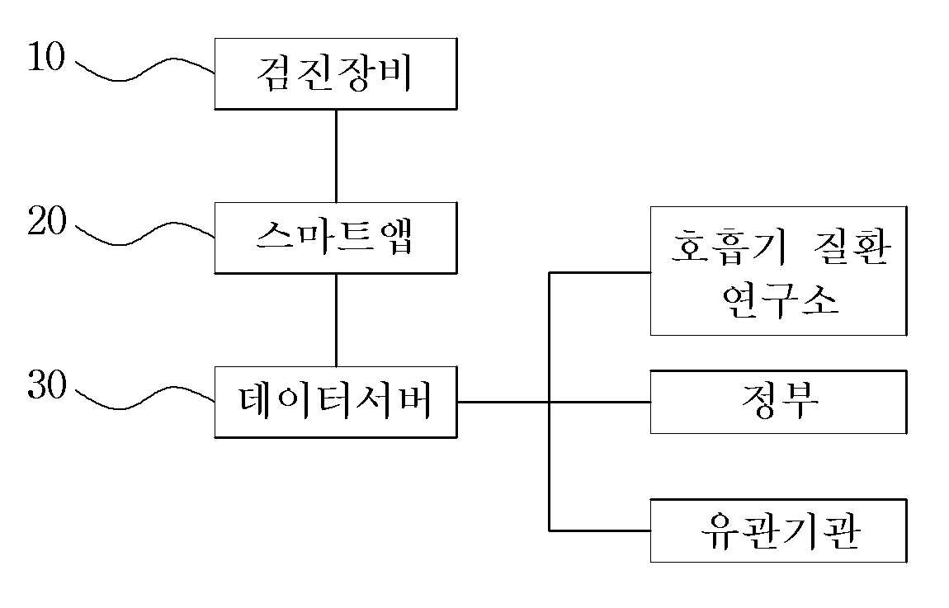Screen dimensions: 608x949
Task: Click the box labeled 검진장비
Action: (335, 73)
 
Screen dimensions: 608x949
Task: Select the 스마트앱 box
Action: (335, 238)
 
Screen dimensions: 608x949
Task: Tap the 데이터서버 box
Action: (335, 402)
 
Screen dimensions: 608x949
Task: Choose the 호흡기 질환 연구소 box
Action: (778, 271)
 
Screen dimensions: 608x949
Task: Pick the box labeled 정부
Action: (778, 402)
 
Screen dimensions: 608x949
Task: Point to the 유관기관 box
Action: (778, 530)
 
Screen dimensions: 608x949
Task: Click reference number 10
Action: (45, 59)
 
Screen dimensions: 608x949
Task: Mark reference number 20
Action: (45, 223)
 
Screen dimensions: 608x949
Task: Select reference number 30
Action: (45, 386)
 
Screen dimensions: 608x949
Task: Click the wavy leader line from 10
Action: (144, 73)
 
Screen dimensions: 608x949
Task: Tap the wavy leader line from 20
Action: (144, 236)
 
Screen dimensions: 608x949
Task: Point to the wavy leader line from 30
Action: (144, 401)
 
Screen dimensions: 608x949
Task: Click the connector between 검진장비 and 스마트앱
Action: (336, 155)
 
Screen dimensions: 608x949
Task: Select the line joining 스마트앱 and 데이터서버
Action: (336, 319)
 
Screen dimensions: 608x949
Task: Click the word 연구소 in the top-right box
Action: (779, 300)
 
